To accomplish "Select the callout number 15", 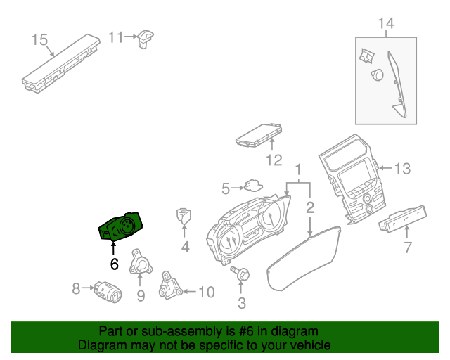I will click(39, 39).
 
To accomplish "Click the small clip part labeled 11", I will click(146, 39).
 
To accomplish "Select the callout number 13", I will click(401, 169).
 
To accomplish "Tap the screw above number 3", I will click(240, 274).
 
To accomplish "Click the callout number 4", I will click(185, 247).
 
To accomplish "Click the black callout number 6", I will click(114, 264).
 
